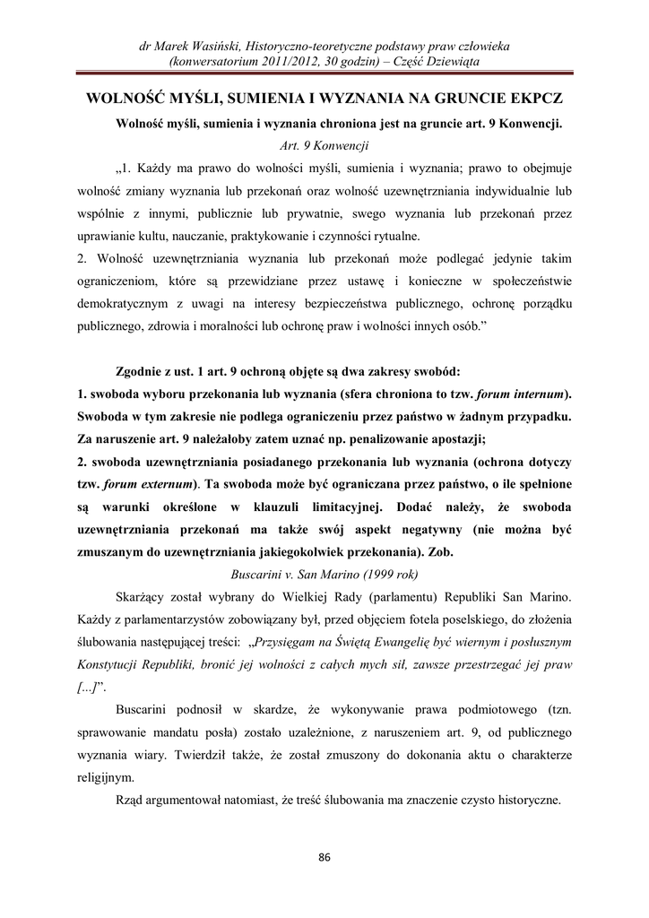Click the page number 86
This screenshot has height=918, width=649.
324,857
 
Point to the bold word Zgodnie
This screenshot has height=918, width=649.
143,370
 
